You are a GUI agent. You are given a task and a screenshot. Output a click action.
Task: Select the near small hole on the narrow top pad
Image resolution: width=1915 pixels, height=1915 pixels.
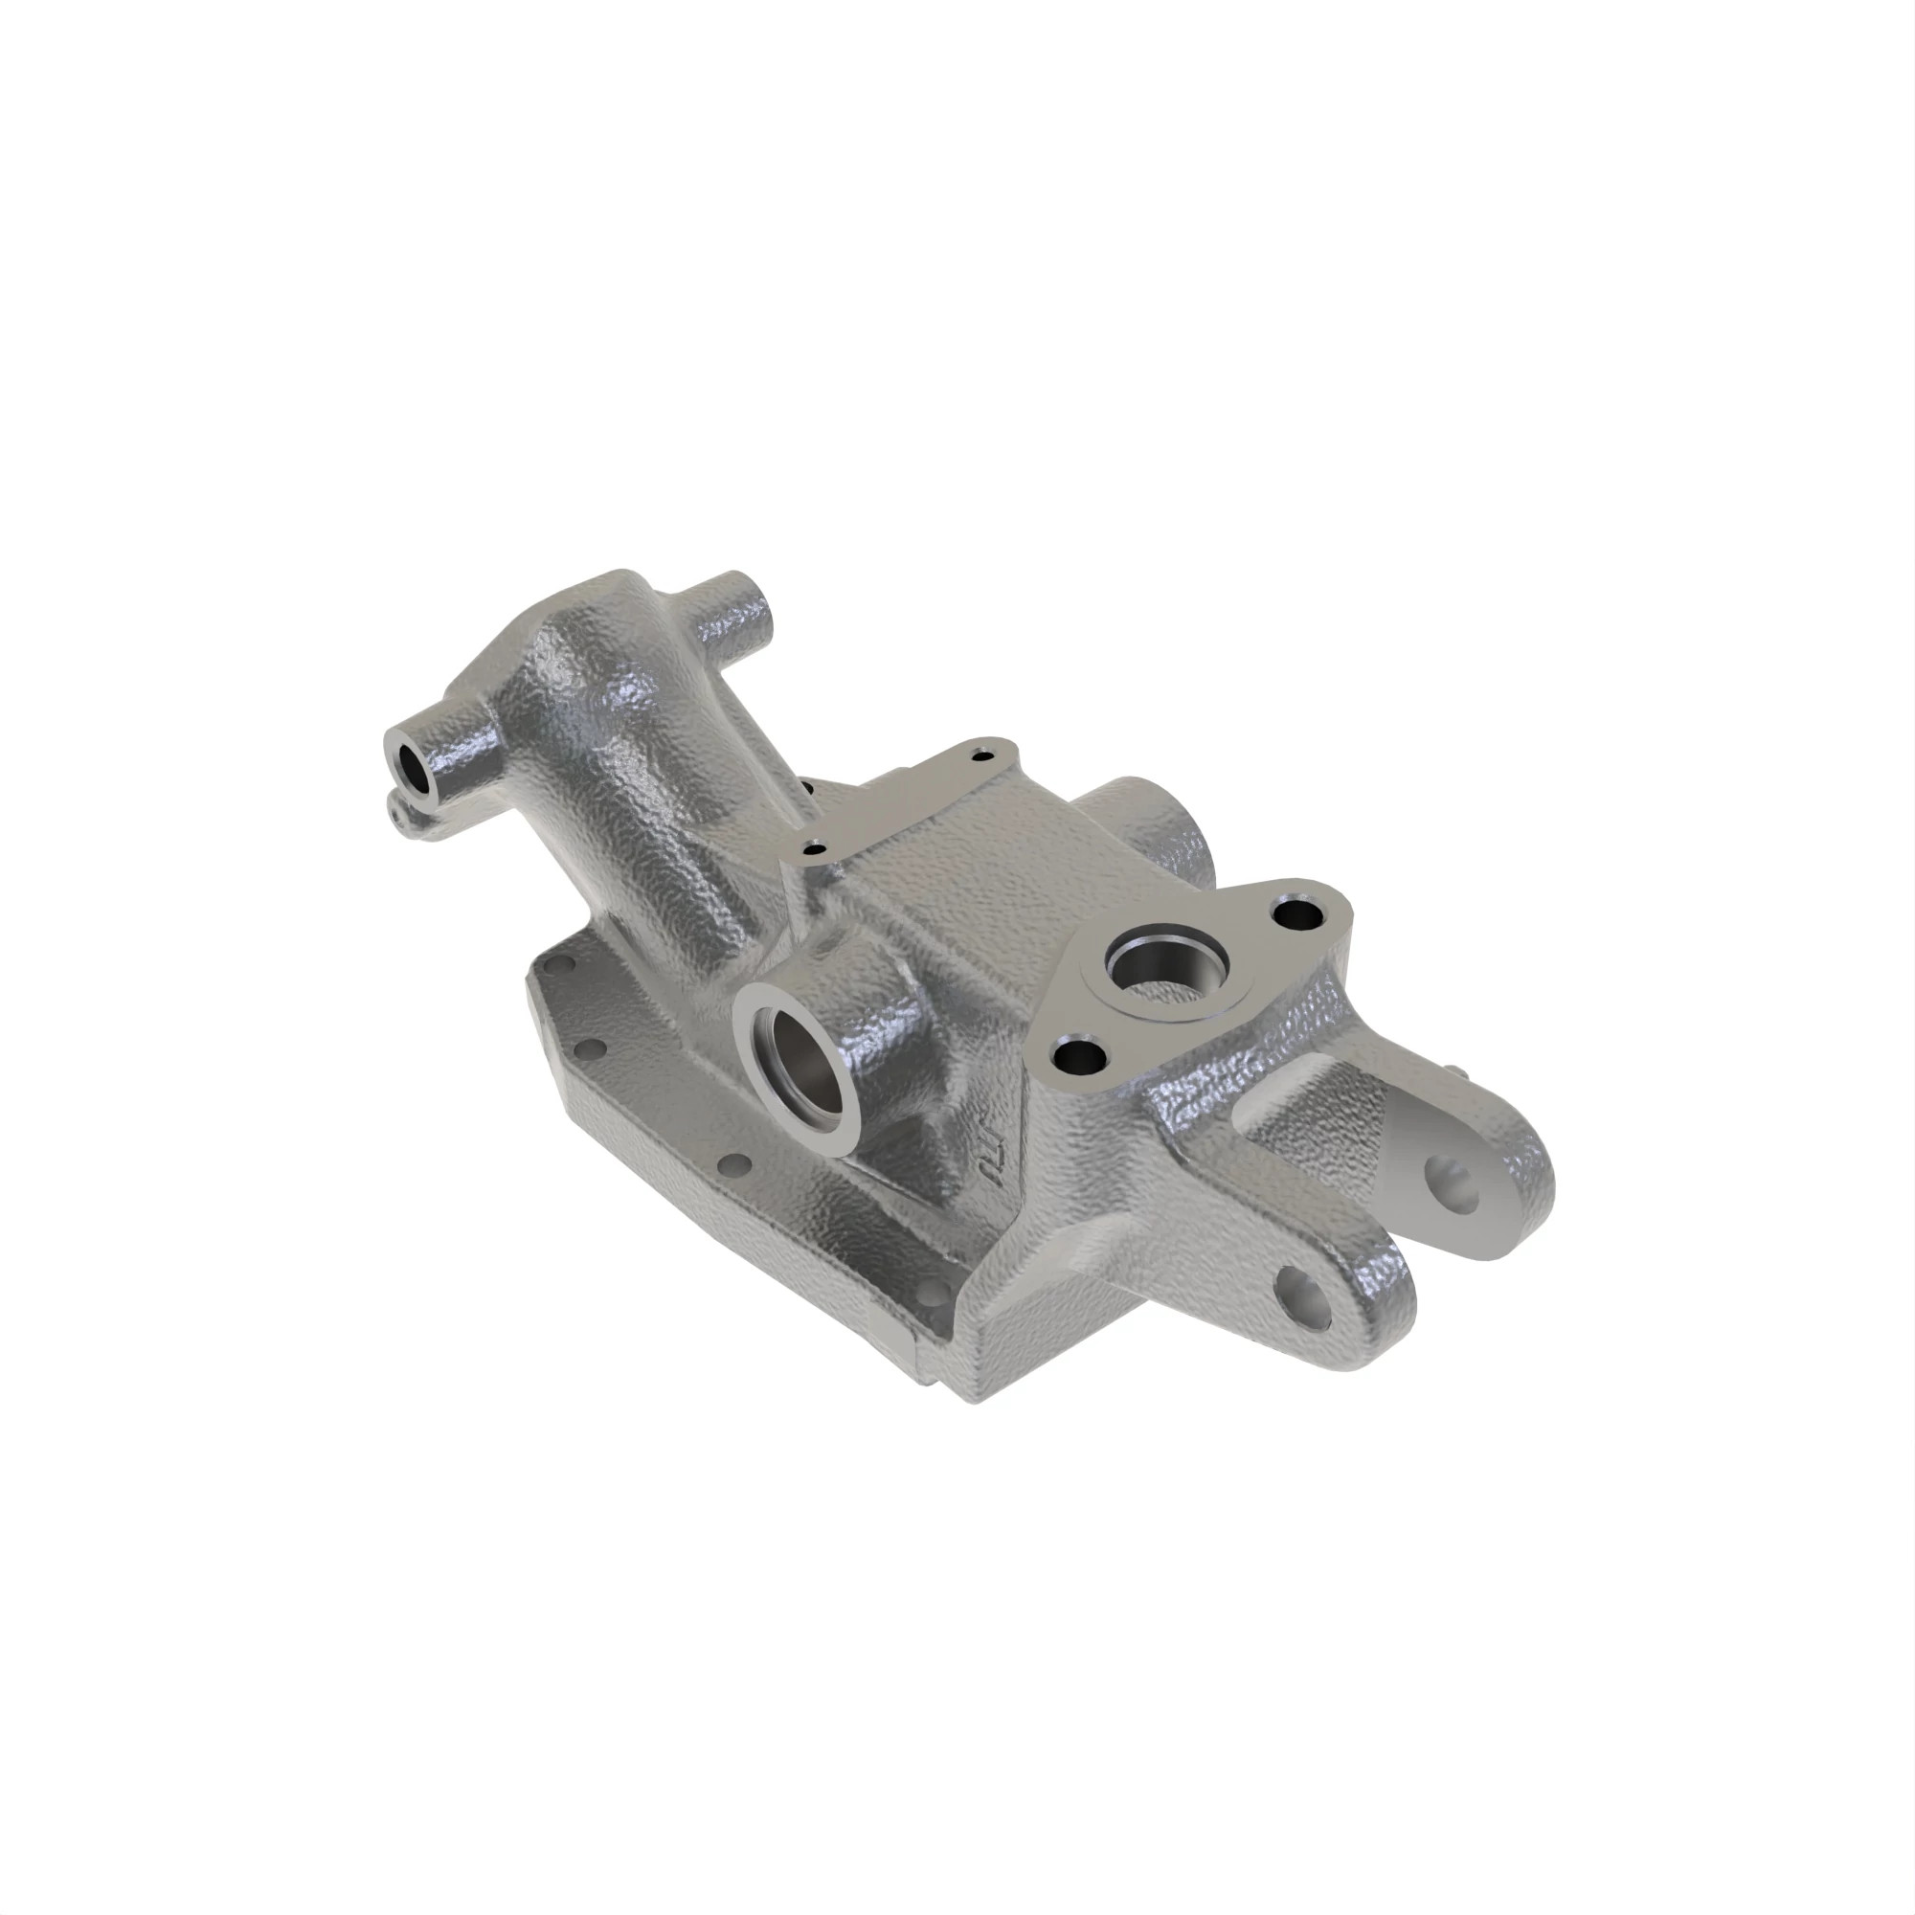tap(815, 848)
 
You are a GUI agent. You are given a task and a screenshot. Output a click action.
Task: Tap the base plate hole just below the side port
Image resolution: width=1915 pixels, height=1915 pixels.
tap(735, 1162)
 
